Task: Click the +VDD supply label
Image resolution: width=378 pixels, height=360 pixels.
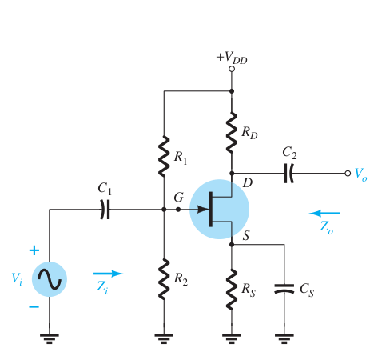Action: tap(232, 58)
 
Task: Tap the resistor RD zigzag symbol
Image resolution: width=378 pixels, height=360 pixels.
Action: tap(232, 133)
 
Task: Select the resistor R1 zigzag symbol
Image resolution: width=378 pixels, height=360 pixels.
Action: tap(164, 156)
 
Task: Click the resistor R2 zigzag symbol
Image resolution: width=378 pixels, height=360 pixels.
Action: tap(164, 279)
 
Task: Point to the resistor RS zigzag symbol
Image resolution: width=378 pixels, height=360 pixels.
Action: tap(232, 290)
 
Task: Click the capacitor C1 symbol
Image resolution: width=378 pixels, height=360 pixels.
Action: tap(105, 210)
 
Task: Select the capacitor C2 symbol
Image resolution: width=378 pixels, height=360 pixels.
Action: tap(288, 174)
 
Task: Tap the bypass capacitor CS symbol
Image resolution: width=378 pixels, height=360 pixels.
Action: tap(284, 289)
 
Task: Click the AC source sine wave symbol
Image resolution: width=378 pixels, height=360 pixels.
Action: tap(50, 279)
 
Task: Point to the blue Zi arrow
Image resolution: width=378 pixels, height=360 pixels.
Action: tap(108, 274)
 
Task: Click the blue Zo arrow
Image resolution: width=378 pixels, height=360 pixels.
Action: tap(324, 213)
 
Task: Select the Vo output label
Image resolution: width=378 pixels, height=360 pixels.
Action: tap(361, 174)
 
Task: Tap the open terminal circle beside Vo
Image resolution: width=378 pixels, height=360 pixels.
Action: tap(348, 174)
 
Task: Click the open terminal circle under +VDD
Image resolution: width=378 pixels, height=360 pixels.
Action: tap(232, 69)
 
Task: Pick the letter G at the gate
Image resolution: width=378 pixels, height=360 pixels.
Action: tap(179, 198)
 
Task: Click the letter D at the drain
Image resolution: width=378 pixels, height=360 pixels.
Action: tap(248, 182)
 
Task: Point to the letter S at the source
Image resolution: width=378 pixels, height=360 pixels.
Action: tap(246, 235)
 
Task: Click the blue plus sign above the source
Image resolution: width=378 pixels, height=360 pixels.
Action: tap(34, 250)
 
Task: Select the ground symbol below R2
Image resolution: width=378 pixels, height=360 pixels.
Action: tap(164, 338)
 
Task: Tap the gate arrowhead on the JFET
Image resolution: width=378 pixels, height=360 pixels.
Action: tap(203, 210)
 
